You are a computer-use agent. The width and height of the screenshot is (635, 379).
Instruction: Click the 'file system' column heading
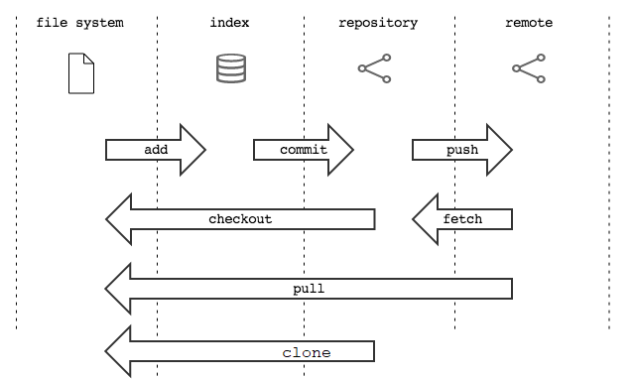79,22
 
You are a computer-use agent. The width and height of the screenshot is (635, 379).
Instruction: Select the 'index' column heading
230,22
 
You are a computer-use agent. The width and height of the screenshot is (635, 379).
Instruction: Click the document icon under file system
81,73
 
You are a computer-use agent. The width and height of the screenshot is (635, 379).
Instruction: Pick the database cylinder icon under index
230,68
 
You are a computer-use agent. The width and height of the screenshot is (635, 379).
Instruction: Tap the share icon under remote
529,68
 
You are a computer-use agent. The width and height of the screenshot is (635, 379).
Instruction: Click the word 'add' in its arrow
156,150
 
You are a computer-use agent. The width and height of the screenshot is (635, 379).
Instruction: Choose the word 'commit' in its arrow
304,150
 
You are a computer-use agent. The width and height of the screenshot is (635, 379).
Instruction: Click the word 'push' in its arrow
462,150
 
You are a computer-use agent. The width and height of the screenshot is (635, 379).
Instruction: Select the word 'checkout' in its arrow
240,218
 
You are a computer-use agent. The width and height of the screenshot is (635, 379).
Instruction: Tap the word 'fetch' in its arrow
462,218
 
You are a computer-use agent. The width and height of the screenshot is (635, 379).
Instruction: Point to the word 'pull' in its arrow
309,289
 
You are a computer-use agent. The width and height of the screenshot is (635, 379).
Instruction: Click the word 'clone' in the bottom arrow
307,352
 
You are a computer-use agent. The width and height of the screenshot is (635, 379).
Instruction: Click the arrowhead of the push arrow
497,150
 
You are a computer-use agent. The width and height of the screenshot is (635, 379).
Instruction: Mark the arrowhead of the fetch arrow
428,219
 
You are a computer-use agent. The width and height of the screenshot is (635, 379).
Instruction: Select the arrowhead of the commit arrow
338,150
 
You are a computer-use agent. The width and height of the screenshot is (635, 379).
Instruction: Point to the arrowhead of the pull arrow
120,289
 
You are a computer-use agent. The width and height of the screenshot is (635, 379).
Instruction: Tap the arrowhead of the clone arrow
120,352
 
